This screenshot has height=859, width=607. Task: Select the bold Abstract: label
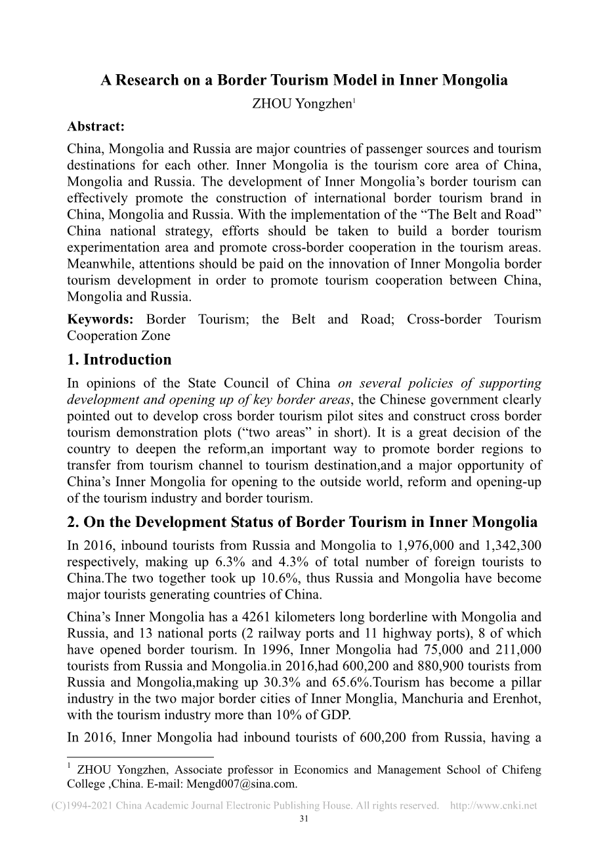click(x=96, y=127)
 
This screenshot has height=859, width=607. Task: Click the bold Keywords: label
click(x=100, y=320)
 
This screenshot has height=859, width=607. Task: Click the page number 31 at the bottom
click(x=303, y=819)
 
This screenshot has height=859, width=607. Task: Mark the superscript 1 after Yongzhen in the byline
click(x=354, y=101)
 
